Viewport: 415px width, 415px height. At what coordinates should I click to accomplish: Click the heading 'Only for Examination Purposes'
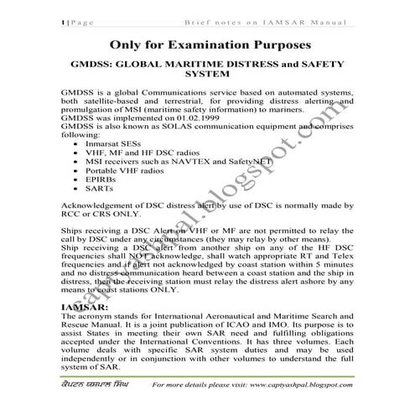[x=207, y=44]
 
